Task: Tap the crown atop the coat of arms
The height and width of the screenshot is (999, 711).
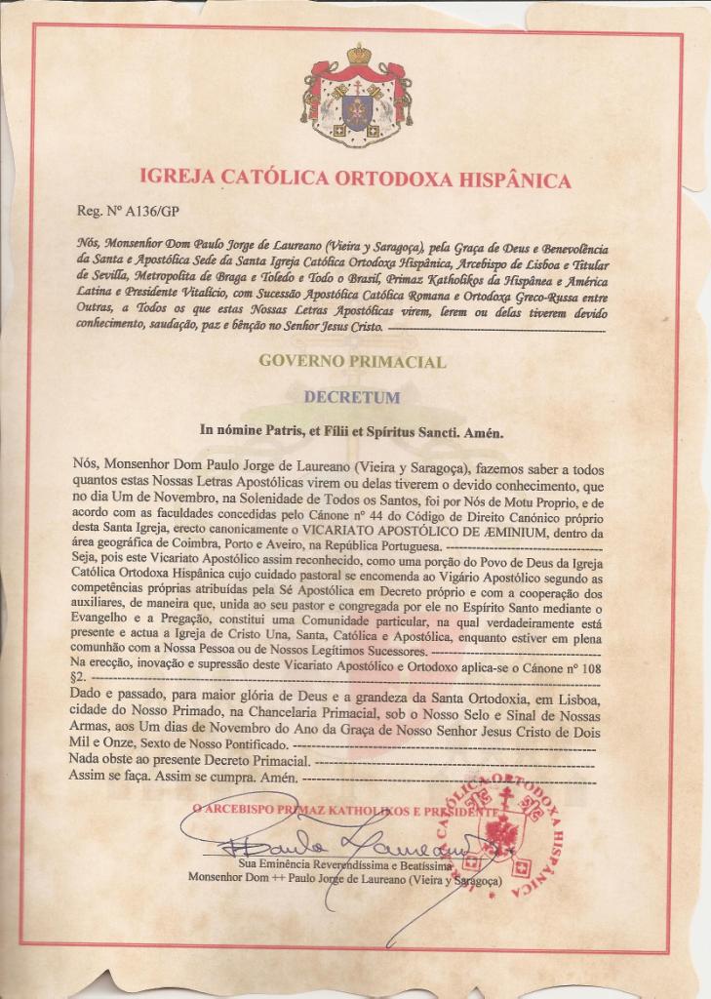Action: tap(358, 54)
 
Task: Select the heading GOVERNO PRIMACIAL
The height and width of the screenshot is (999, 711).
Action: tap(352, 362)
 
